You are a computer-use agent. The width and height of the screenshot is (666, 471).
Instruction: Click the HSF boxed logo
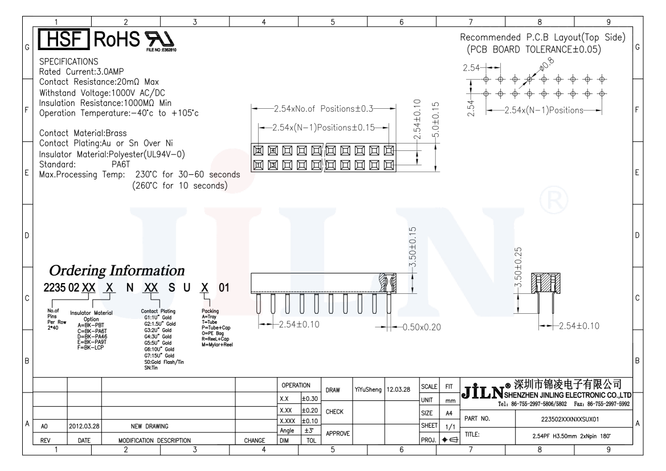point(64,39)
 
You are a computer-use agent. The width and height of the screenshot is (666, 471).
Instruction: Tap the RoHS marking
point(116,39)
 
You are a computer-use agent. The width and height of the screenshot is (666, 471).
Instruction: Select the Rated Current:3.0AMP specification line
point(81,72)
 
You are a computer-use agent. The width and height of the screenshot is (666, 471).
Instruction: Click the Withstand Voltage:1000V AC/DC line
point(102,93)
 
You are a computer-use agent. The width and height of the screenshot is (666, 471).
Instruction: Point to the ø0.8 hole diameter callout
point(547,64)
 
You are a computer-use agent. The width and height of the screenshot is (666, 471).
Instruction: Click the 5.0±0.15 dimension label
point(435,120)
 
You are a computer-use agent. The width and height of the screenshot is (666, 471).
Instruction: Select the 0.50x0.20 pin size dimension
point(422,327)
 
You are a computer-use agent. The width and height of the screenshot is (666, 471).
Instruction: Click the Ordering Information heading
point(117,271)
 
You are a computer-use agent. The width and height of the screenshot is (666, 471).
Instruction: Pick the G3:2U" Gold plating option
point(158,330)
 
